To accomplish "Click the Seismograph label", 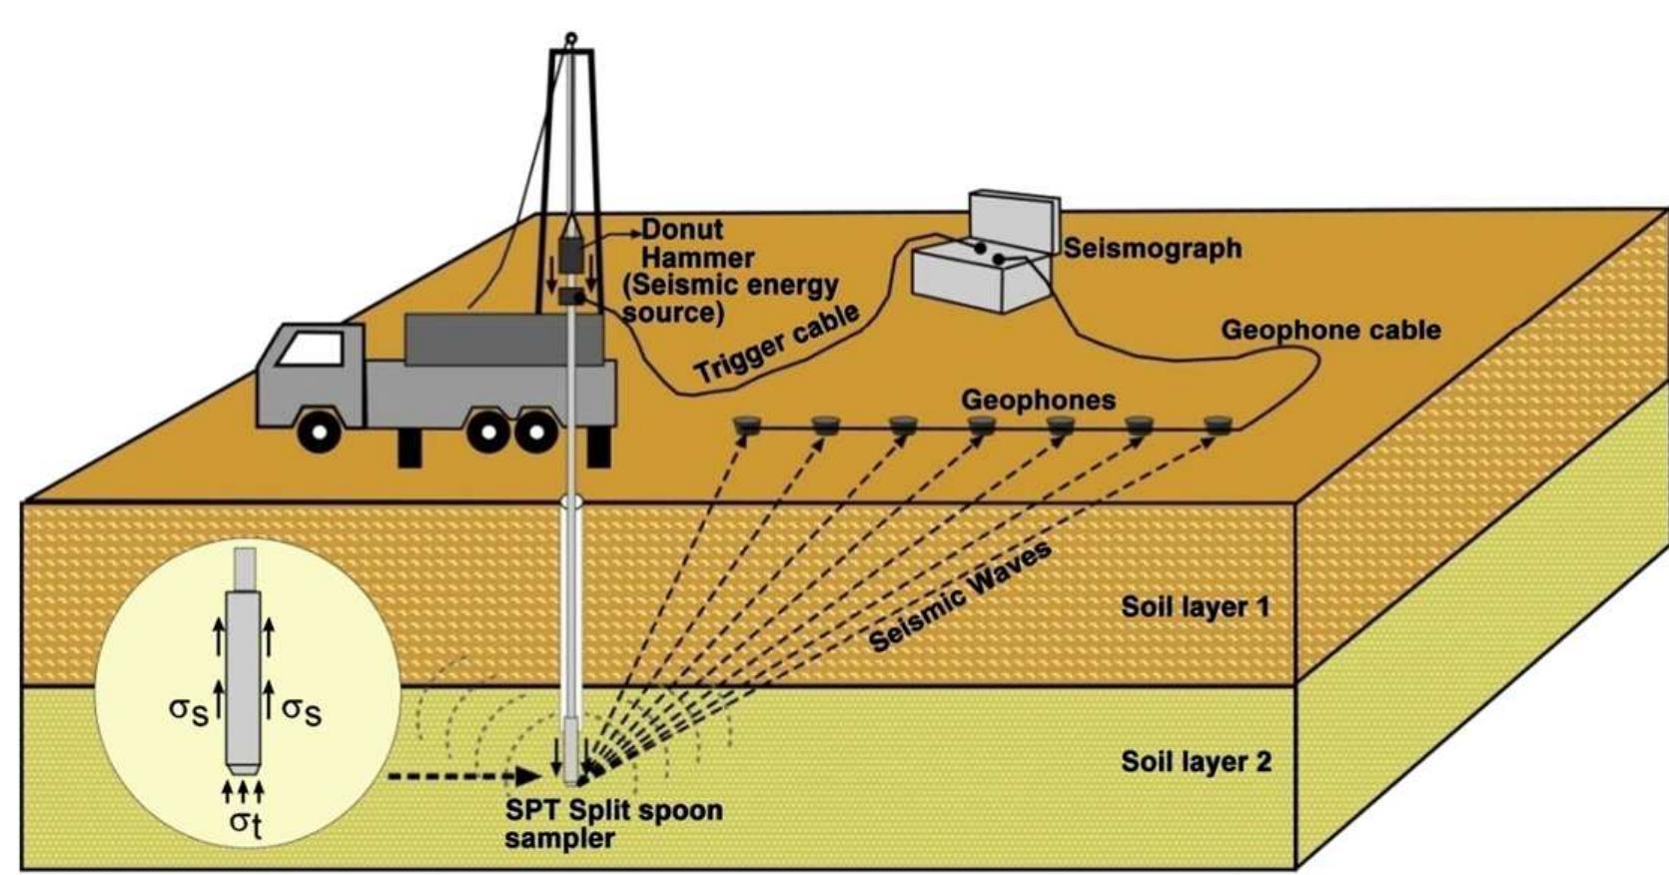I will pos(1153,248).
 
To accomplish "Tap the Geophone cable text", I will pos(1330,330).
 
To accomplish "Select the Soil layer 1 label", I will pos(1196,606).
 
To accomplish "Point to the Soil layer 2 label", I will pos(1196,762).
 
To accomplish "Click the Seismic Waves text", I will pos(960,597).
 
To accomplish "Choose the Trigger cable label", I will pos(777,345).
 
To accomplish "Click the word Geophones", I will pos(1038,401).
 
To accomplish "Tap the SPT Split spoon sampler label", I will pos(613,823).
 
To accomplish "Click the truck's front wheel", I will pos(319,432).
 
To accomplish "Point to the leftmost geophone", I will pos(746,427).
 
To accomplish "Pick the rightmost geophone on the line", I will pos(1216,426).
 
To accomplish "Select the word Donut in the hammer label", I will pos(682,230).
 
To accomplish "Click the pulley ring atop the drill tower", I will pos(570,40).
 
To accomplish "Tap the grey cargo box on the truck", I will pos(502,340).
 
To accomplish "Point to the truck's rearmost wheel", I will pos(536,432).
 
